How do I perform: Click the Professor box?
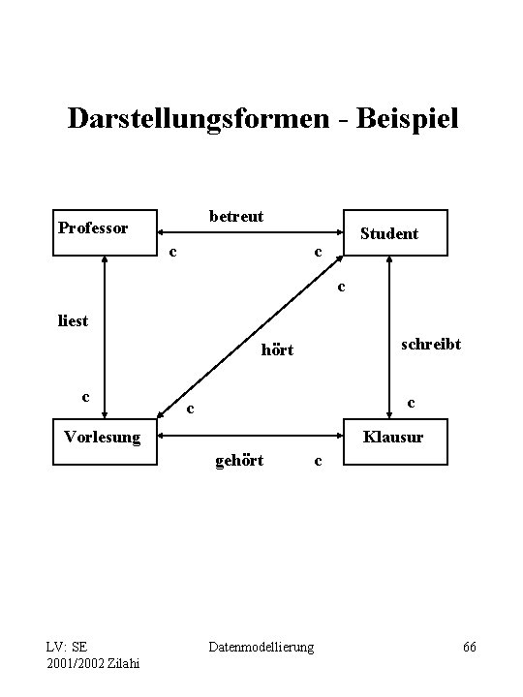click(x=105, y=232)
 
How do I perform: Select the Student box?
click(x=396, y=233)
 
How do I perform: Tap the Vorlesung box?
click(x=105, y=441)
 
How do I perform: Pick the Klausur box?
click(x=396, y=441)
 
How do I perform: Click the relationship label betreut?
click(x=236, y=217)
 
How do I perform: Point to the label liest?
click(x=73, y=320)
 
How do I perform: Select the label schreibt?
click(x=431, y=346)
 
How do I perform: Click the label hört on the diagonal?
click(x=277, y=350)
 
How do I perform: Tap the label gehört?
click(x=239, y=459)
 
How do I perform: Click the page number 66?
click(x=470, y=646)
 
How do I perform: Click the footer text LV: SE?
click(x=67, y=646)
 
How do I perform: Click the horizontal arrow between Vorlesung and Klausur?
click(x=250, y=435)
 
